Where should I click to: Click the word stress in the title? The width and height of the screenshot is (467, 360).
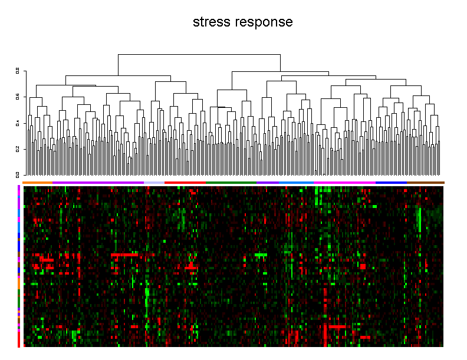[x=212, y=22]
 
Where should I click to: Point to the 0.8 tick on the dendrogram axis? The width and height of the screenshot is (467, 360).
[x=18, y=70]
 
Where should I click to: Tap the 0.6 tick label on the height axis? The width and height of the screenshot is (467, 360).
[x=18, y=97]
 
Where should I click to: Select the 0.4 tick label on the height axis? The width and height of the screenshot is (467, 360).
[x=18, y=123]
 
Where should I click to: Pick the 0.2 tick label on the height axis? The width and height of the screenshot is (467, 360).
[x=18, y=149]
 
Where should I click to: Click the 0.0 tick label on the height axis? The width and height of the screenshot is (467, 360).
[x=18, y=175]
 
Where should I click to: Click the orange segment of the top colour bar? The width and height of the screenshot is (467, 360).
[x=37, y=183]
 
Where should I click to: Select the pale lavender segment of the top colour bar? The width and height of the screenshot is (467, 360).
[x=154, y=183]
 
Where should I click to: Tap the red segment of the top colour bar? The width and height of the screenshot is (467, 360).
[x=185, y=183]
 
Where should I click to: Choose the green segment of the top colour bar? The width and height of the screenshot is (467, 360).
[x=231, y=183]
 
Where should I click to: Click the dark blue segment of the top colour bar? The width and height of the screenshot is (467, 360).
[x=391, y=183]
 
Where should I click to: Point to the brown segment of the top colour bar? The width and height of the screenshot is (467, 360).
[x=425, y=183]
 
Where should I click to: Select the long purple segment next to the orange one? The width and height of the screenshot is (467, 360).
[x=98, y=183]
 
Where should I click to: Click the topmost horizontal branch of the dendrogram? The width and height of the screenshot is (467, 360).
[x=199, y=55]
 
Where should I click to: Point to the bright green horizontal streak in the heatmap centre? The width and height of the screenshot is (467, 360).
[x=261, y=255]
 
